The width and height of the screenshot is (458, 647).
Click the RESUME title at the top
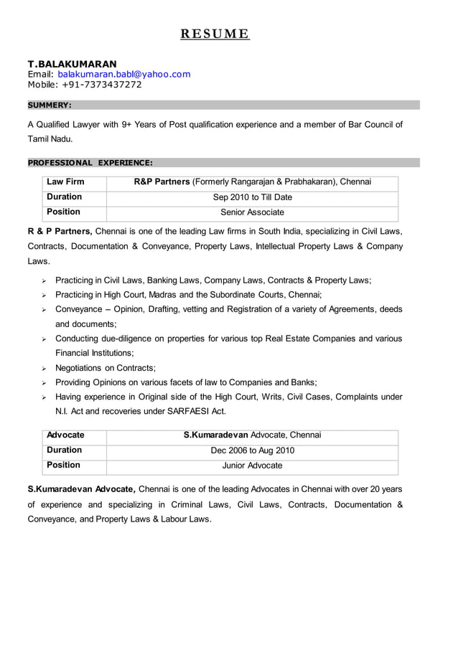[214, 34]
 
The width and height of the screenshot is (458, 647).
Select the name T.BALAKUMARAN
[72, 64]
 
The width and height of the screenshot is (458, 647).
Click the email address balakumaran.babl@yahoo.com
[124, 75]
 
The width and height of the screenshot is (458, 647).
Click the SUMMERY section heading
[50, 105]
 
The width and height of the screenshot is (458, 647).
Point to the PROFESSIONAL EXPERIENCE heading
[90, 163]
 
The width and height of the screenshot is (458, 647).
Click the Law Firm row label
[65, 182]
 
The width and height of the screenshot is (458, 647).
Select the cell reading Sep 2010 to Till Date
[252, 197]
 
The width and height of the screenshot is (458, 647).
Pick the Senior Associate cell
[252, 212]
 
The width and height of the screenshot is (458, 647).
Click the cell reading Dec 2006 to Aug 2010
[252, 451]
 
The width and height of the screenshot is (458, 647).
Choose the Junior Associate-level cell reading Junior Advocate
[252, 466]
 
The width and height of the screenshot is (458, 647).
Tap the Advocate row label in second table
[65, 435]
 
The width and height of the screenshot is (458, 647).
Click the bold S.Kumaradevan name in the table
[215, 435]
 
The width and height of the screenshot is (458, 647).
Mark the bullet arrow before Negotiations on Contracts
[44, 369]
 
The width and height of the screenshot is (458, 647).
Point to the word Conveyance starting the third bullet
[78, 309]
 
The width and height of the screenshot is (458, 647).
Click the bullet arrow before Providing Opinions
[44, 383]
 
